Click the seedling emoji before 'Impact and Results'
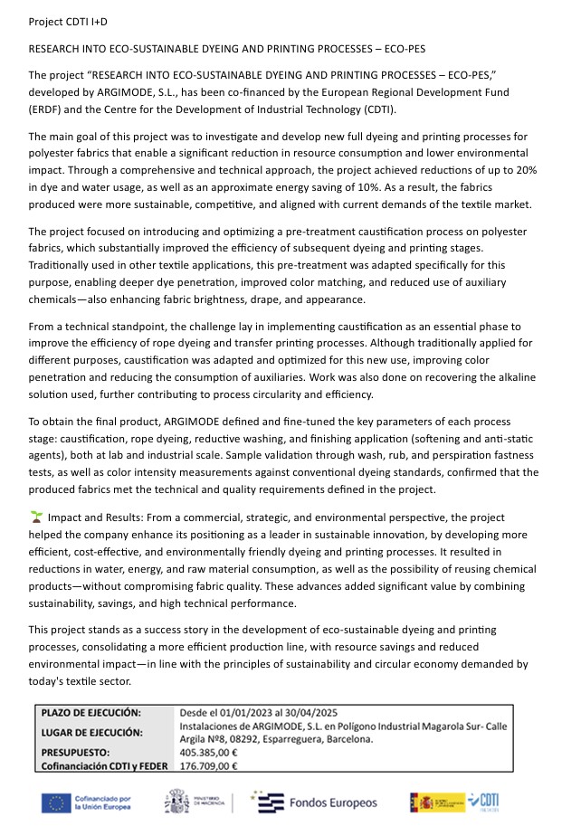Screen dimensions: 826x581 (36, 517)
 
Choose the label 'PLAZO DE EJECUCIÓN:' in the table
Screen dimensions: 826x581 (91, 714)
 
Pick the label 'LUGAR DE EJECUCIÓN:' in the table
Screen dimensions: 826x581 (91, 732)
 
